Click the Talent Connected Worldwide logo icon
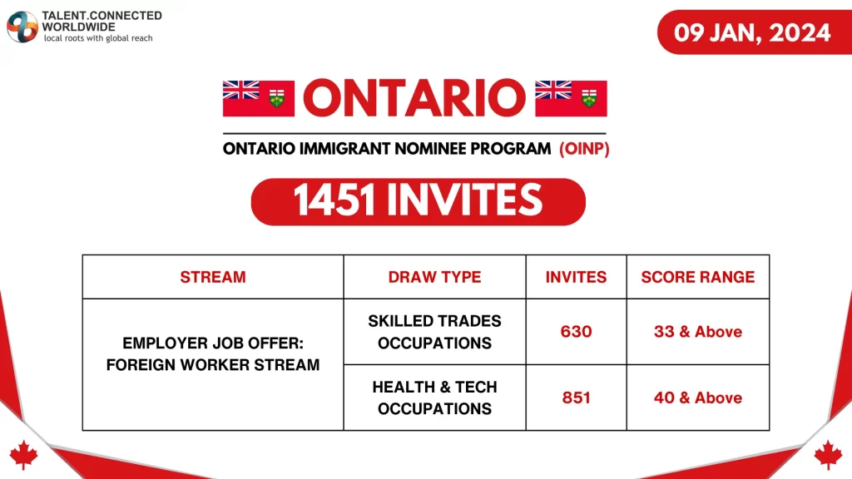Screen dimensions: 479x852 (x=22, y=27)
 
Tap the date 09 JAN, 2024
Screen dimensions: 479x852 (x=752, y=32)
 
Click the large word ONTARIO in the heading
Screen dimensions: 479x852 (x=414, y=98)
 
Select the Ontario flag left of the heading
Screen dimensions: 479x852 (x=259, y=98)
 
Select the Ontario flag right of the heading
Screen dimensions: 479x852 (x=571, y=98)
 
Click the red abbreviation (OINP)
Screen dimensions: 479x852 (x=584, y=149)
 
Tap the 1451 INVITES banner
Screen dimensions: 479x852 (x=418, y=201)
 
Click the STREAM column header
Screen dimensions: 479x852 (x=213, y=277)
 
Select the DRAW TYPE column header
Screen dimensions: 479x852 (x=434, y=277)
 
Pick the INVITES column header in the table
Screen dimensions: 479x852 (x=576, y=277)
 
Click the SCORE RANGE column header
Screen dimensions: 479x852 (x=697, y=277)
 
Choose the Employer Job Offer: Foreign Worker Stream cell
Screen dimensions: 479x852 (x=213, y=353)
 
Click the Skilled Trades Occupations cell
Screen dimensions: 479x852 (x=434, y=332)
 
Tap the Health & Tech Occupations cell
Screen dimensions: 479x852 (x=434, y=398)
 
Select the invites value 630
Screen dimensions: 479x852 (x=576, y=332)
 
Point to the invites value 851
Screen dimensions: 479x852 (x=576, y=398)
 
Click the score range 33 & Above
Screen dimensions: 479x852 (x=697, y=332)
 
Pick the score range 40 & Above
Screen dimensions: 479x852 (x=697, y=398)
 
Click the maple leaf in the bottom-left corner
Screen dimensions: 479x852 (x=23, y=454)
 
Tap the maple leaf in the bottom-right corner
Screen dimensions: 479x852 (x=828, y=454)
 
